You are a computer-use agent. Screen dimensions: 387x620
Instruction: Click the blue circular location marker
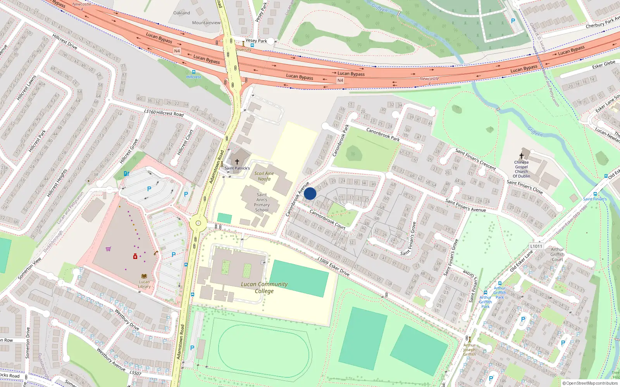310,193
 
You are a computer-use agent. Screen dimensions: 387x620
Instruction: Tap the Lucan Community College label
264,287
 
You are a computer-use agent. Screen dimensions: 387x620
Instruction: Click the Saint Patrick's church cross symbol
237,162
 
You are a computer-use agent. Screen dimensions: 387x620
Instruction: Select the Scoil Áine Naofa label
264,176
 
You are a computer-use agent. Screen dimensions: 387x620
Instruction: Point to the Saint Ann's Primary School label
262,202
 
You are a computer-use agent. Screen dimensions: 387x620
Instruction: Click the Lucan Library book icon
144,276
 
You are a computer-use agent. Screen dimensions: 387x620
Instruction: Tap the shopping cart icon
108,249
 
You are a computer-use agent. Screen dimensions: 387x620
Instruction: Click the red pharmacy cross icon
135,256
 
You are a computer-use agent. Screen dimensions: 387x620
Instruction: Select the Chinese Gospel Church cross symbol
522,156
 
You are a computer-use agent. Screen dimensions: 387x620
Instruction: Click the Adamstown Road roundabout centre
198,223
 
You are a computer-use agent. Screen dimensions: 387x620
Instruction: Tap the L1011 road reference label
536,246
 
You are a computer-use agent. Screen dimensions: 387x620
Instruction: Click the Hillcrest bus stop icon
193,72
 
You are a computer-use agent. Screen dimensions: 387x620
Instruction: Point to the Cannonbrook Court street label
327,219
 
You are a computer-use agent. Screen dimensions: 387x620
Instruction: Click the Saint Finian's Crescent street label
475,159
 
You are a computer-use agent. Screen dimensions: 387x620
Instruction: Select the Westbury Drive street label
127,319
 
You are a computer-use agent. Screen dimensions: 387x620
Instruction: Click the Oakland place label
182,13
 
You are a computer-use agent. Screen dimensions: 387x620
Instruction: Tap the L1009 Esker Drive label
333,267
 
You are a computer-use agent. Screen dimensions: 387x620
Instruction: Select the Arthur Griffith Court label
557,254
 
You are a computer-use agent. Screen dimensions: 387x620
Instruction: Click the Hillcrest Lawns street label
26,88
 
